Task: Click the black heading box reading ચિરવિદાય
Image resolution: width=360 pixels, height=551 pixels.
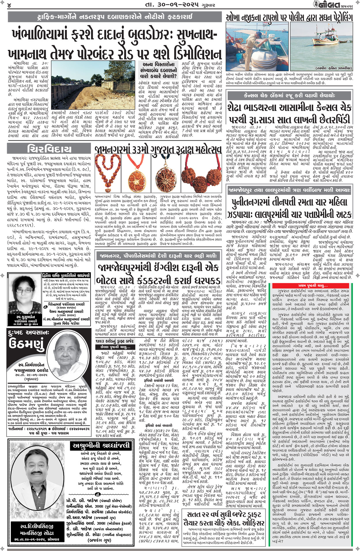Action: click(50, 149)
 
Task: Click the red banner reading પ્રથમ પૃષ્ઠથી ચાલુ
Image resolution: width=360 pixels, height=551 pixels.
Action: click(313, 286)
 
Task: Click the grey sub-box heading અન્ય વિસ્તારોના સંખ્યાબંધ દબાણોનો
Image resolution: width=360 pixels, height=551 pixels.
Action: click(158, 70)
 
